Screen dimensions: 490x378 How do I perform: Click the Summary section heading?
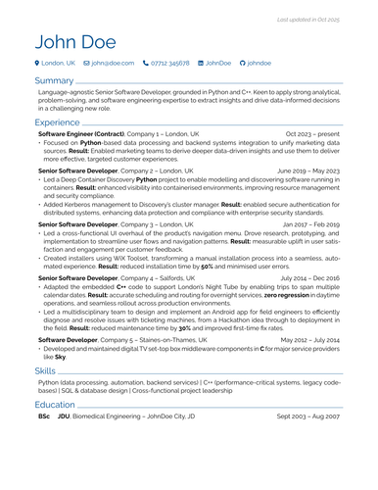[53, 80]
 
